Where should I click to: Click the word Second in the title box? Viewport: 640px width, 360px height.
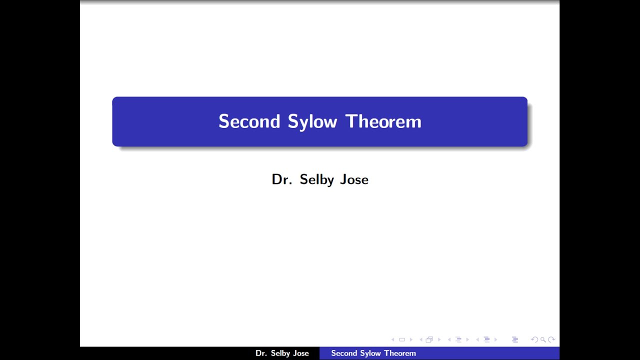tap(249, 121)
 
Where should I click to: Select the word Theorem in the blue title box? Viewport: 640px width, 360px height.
tap(383, 121)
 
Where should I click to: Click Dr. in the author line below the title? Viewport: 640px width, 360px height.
tap(281, 179)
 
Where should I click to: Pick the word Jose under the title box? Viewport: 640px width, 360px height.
tap(354, 179)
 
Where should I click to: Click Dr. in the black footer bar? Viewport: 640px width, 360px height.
tap(261, 353)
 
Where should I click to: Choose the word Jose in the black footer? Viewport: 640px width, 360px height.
tap(301, 353)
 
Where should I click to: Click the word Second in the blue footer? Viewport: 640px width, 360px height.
tap(343, 353)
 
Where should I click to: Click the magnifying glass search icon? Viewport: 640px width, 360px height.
tap(543, 340)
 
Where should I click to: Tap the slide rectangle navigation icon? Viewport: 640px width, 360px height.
tap(402, 340)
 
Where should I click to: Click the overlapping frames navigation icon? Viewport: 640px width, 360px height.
tap(429, 340)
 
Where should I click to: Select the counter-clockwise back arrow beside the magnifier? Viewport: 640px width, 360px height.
tap(534, 340)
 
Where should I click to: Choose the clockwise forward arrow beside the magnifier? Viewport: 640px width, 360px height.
tap(551, 340)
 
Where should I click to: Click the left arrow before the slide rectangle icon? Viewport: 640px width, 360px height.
tap(393, 340)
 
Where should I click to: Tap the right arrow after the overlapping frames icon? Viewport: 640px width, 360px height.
tap(438, 340)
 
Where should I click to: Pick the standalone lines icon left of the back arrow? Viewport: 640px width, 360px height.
tap(515, 340)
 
